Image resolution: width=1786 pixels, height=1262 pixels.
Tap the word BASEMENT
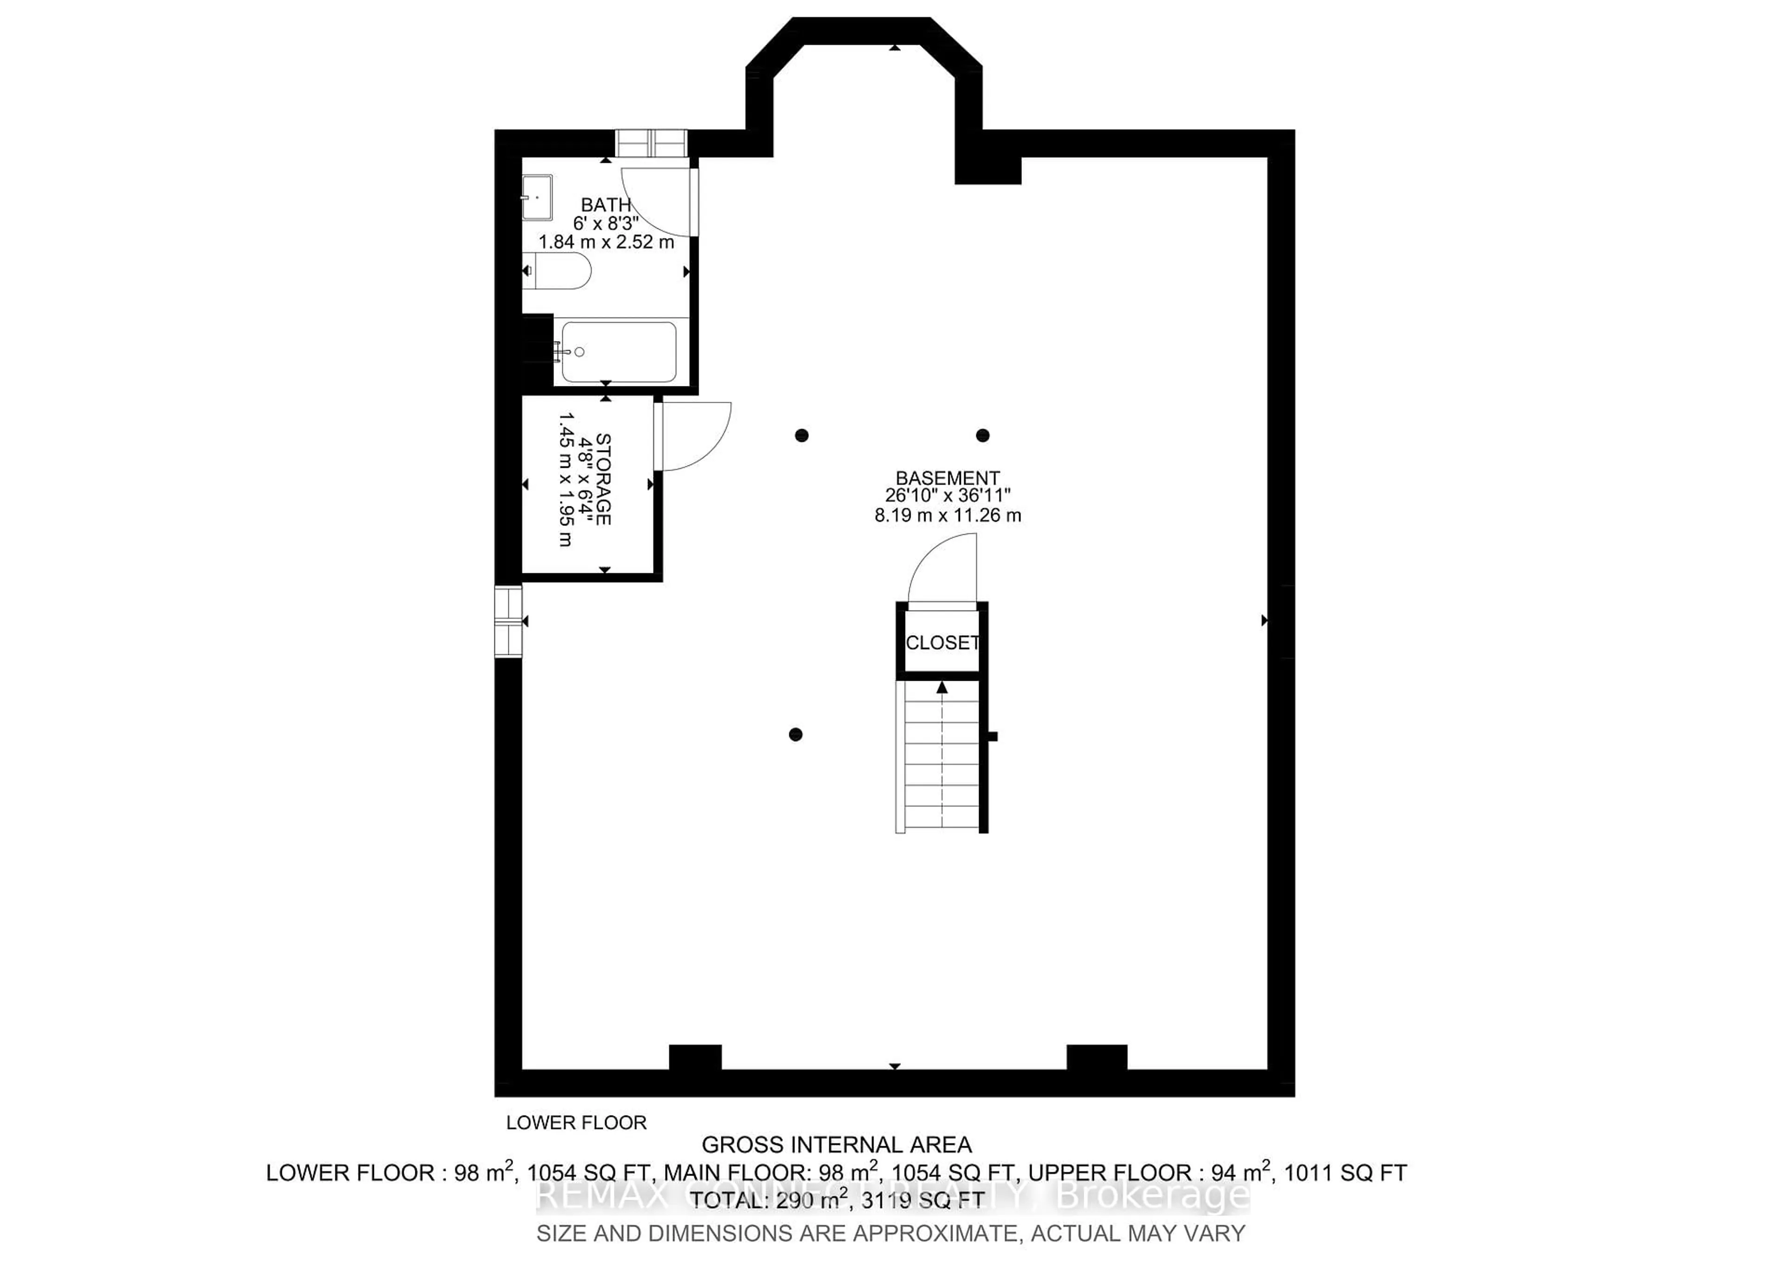tap(947, 478)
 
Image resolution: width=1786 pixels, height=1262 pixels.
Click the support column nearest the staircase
tap(795, 735)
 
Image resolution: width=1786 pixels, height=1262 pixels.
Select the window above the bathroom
tap(651, 143)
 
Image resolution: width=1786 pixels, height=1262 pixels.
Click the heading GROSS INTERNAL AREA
tap(836, 1144)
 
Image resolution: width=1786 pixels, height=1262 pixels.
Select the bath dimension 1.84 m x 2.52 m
tap(606, 242)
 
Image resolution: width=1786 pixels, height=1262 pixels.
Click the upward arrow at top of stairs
tap(942, 687)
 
